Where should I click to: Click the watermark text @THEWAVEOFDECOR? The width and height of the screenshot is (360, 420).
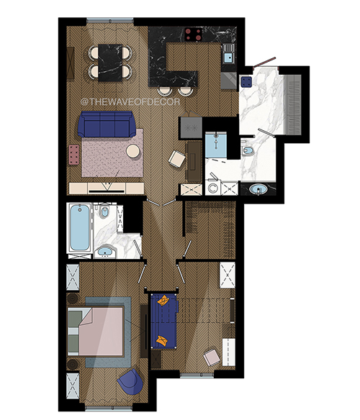130,102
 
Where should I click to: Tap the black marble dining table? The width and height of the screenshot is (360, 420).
110,63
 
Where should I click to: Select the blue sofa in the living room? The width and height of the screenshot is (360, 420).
107,124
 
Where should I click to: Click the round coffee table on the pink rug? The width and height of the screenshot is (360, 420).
133,151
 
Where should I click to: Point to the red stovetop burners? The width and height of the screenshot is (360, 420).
194,35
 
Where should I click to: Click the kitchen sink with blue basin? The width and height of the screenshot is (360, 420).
228,58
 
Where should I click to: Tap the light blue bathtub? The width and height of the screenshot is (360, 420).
80,227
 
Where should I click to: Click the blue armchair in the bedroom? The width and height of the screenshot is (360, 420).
130,382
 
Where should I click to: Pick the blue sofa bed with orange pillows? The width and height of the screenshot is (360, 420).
164,321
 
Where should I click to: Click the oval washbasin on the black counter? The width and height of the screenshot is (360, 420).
258,189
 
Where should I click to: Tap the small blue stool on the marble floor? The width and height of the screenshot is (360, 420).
246,82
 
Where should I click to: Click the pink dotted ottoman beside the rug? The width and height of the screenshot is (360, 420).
74,155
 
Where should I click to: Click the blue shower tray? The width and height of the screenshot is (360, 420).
216,145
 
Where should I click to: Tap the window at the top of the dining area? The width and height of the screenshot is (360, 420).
109,20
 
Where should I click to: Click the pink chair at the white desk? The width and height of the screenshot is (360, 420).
212,357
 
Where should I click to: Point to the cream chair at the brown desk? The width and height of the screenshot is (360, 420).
177,159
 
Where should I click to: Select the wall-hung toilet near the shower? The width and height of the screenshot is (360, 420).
247,150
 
